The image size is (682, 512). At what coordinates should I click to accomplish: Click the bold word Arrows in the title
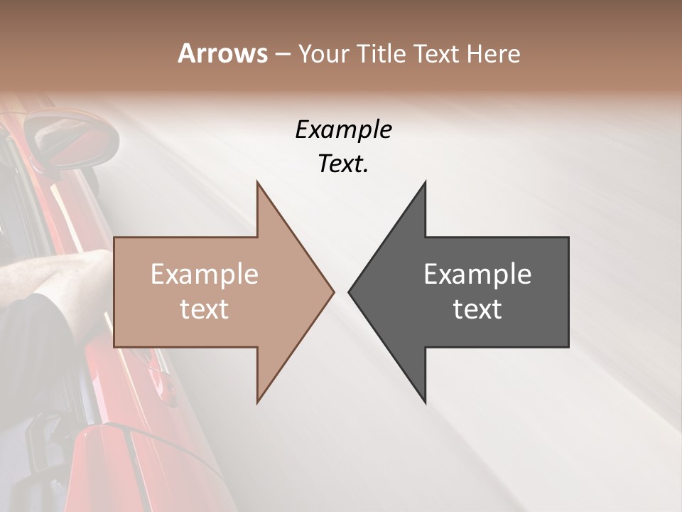pyautogui.click(x=222, y=53)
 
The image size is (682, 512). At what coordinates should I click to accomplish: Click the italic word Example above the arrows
pyautogui.click(x=343, y=130)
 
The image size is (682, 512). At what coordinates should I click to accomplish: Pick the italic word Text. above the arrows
pyautogui.click(x=343, y=164)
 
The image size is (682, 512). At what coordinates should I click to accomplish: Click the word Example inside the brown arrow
pyautogui.click(x=205, y=274)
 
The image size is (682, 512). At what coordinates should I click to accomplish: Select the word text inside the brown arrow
pyautogui.click(x=205, y=309)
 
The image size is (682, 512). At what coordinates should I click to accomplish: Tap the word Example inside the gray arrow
pyautogui.click(x=477, y=274)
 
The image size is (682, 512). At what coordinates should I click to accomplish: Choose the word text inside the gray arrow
pyautogui.click(x=477, y=309)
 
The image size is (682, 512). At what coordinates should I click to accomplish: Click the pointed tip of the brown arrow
pyautogui.click(x=333, y=292)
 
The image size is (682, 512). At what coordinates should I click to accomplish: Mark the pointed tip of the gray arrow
pyautogui.click(x=349, y=292)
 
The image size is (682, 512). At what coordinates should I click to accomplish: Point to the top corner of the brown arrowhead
pyautogui.click(x=257, y=182)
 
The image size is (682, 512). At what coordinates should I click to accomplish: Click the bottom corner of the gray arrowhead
pyautogui.click(x=426, y=402)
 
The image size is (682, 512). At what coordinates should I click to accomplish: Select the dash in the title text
pyautogui.click(x=282, y=54)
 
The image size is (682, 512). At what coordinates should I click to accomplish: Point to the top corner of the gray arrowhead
pyautogui.click(x=426, y=182)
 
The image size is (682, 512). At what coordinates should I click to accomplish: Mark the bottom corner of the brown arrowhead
pyautogui.click(x=257, y=402)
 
